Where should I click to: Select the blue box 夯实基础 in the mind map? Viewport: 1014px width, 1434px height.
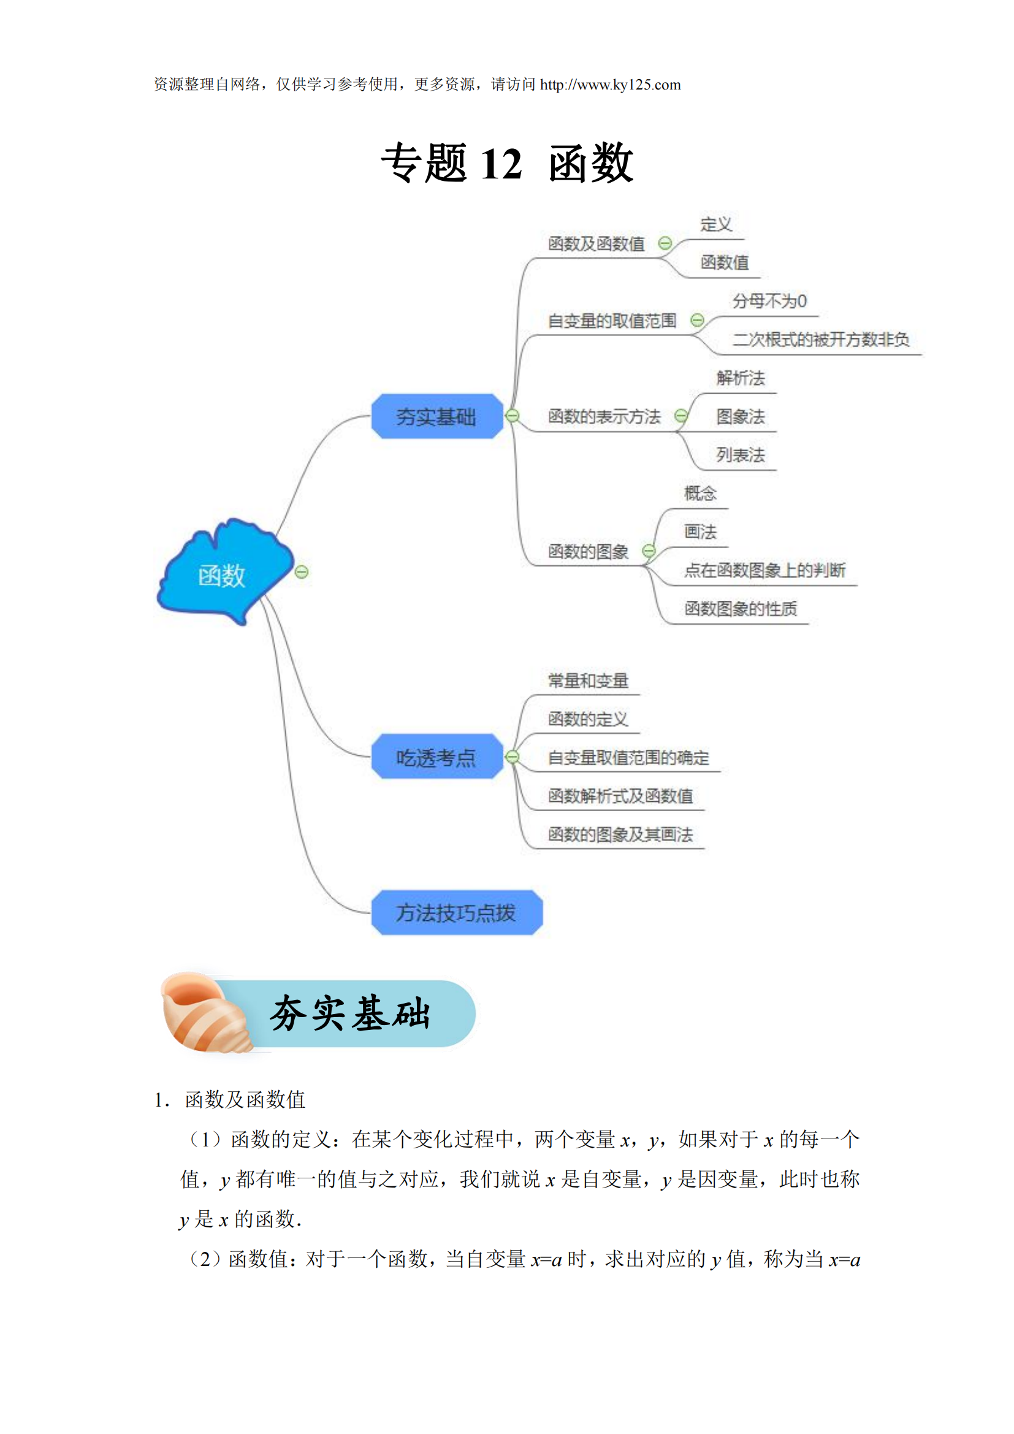pos(436,416)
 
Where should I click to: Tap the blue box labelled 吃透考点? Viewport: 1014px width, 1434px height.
pos(436,757)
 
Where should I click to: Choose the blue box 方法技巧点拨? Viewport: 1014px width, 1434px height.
pos(457,912)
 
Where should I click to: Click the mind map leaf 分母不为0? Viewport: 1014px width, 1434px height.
pos(769,302)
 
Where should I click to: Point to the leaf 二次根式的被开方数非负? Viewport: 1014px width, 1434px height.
pos(820,340)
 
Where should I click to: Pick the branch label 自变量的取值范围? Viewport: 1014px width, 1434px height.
pos(612,321)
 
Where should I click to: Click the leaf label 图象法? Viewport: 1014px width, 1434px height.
pos(741,416)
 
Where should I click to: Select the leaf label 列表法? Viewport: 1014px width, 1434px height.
pos(741,455)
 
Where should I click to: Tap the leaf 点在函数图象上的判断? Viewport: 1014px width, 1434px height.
pos(765,570)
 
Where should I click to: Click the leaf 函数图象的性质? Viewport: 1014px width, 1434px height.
pos(741,608)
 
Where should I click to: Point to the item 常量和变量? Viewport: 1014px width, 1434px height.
pos(588,681)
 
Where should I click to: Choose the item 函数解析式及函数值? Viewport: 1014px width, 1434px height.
pos(620,796)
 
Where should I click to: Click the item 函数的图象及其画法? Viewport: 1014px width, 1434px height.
pos(620,834)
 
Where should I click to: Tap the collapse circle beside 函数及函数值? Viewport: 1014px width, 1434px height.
pos(665,243)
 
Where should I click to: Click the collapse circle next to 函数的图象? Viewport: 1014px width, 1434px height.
pos(649,551)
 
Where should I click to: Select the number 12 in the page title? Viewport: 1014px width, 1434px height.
pos(501,164)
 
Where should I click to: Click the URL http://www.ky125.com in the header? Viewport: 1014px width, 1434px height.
pos(610,85)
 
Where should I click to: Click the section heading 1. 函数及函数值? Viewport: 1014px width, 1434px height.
pos(230,1099)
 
